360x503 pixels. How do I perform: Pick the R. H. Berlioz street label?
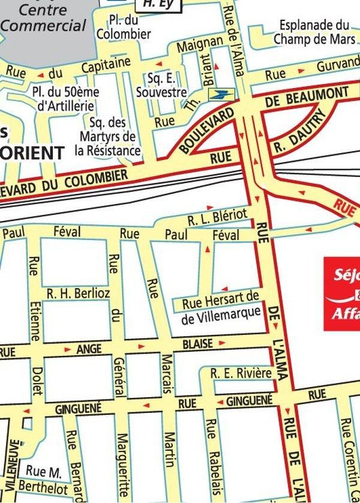[79, 294]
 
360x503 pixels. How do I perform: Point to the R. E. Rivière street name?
[241, 373]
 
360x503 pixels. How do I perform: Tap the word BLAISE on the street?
[197, 345]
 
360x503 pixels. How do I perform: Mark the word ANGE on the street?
[89, 349]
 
